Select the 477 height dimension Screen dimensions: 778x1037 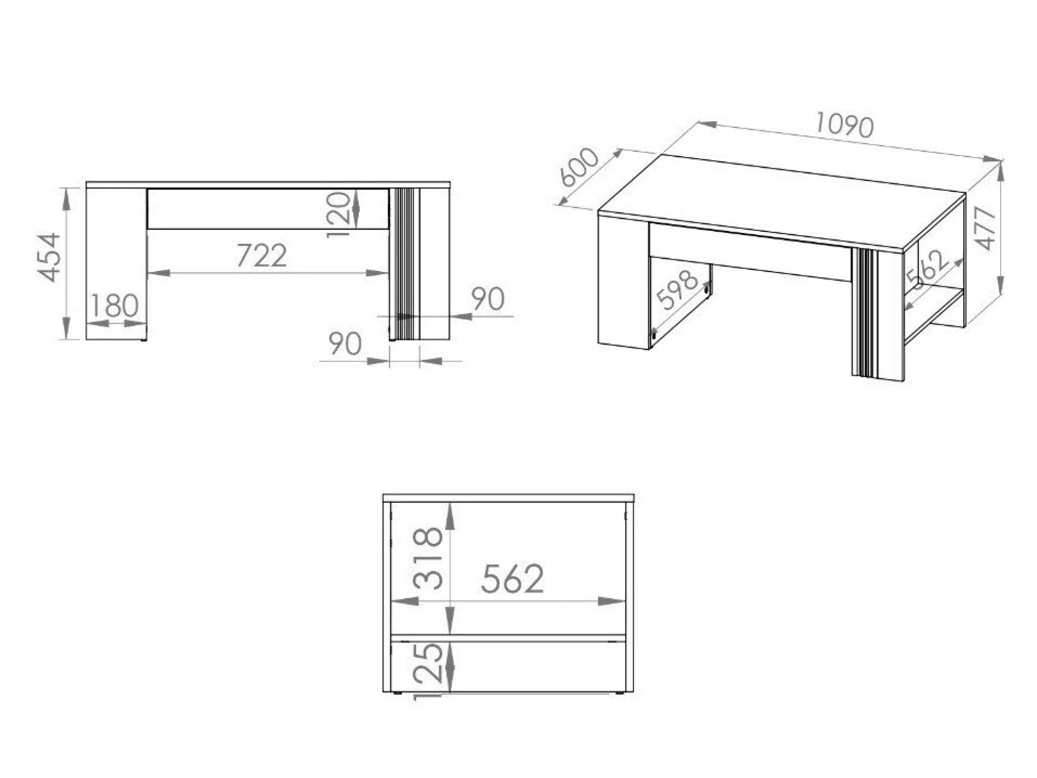[x=985, y=228]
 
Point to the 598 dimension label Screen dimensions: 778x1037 [x=677, y=290]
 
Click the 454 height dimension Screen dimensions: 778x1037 [x=49, y=257]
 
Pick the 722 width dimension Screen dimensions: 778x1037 [x=261, y=255]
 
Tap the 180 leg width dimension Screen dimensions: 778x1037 [x=114, y=305]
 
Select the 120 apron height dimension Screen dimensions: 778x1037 [x=339, y=215]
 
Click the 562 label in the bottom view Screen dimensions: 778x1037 [x=512, y=579]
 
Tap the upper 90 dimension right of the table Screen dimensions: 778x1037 [x=487, y=299]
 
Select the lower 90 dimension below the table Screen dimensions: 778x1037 [x=345, y=344]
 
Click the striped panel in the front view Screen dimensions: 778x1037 [x=405, y=263]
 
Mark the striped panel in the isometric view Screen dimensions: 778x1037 [x=864, y=312]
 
